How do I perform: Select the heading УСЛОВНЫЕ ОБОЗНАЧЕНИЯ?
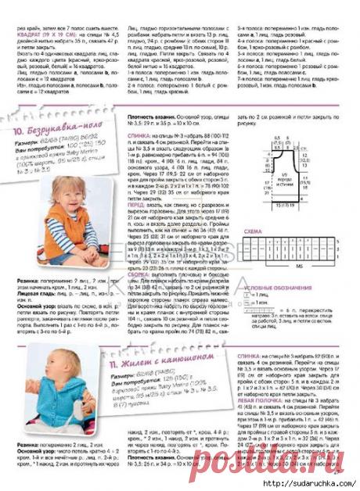coord(269,289)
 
